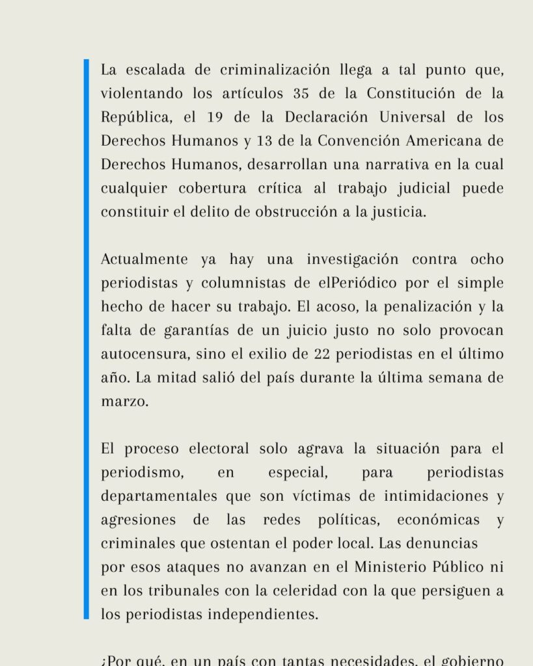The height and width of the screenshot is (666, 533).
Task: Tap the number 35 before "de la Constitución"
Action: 301,93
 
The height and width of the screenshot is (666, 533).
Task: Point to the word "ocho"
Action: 484,260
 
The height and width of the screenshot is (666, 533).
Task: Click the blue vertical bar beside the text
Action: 86,338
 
